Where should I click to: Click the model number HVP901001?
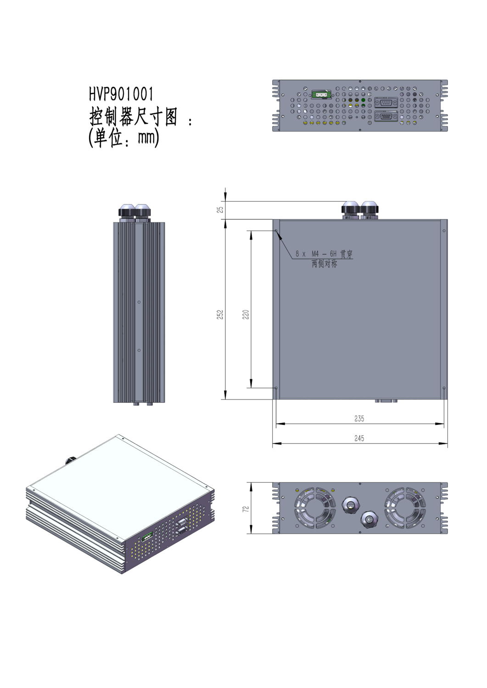tap(121, 94)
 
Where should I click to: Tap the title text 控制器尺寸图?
tap(133, 117)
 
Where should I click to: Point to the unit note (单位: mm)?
tap(123, 137)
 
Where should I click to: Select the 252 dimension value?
tap(220, 315)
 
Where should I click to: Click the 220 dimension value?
tap(246, 315)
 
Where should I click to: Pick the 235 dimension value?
tap(359, 419)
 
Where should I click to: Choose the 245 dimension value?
tap(359, 438)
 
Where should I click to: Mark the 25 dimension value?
tap(220, 210)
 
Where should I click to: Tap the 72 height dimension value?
tap(246, 509)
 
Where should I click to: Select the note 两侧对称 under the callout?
tap(324, 264)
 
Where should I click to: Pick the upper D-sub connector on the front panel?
tap(386, 103)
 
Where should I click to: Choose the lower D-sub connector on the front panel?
tap(386, 117)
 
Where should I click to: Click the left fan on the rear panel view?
tap(314, 508)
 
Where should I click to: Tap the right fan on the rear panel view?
tap(405, 508)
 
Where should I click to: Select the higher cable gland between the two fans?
tap(351, 505)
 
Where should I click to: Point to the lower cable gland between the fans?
tap(369, 520)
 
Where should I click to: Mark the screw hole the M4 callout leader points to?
tap(276, 231)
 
